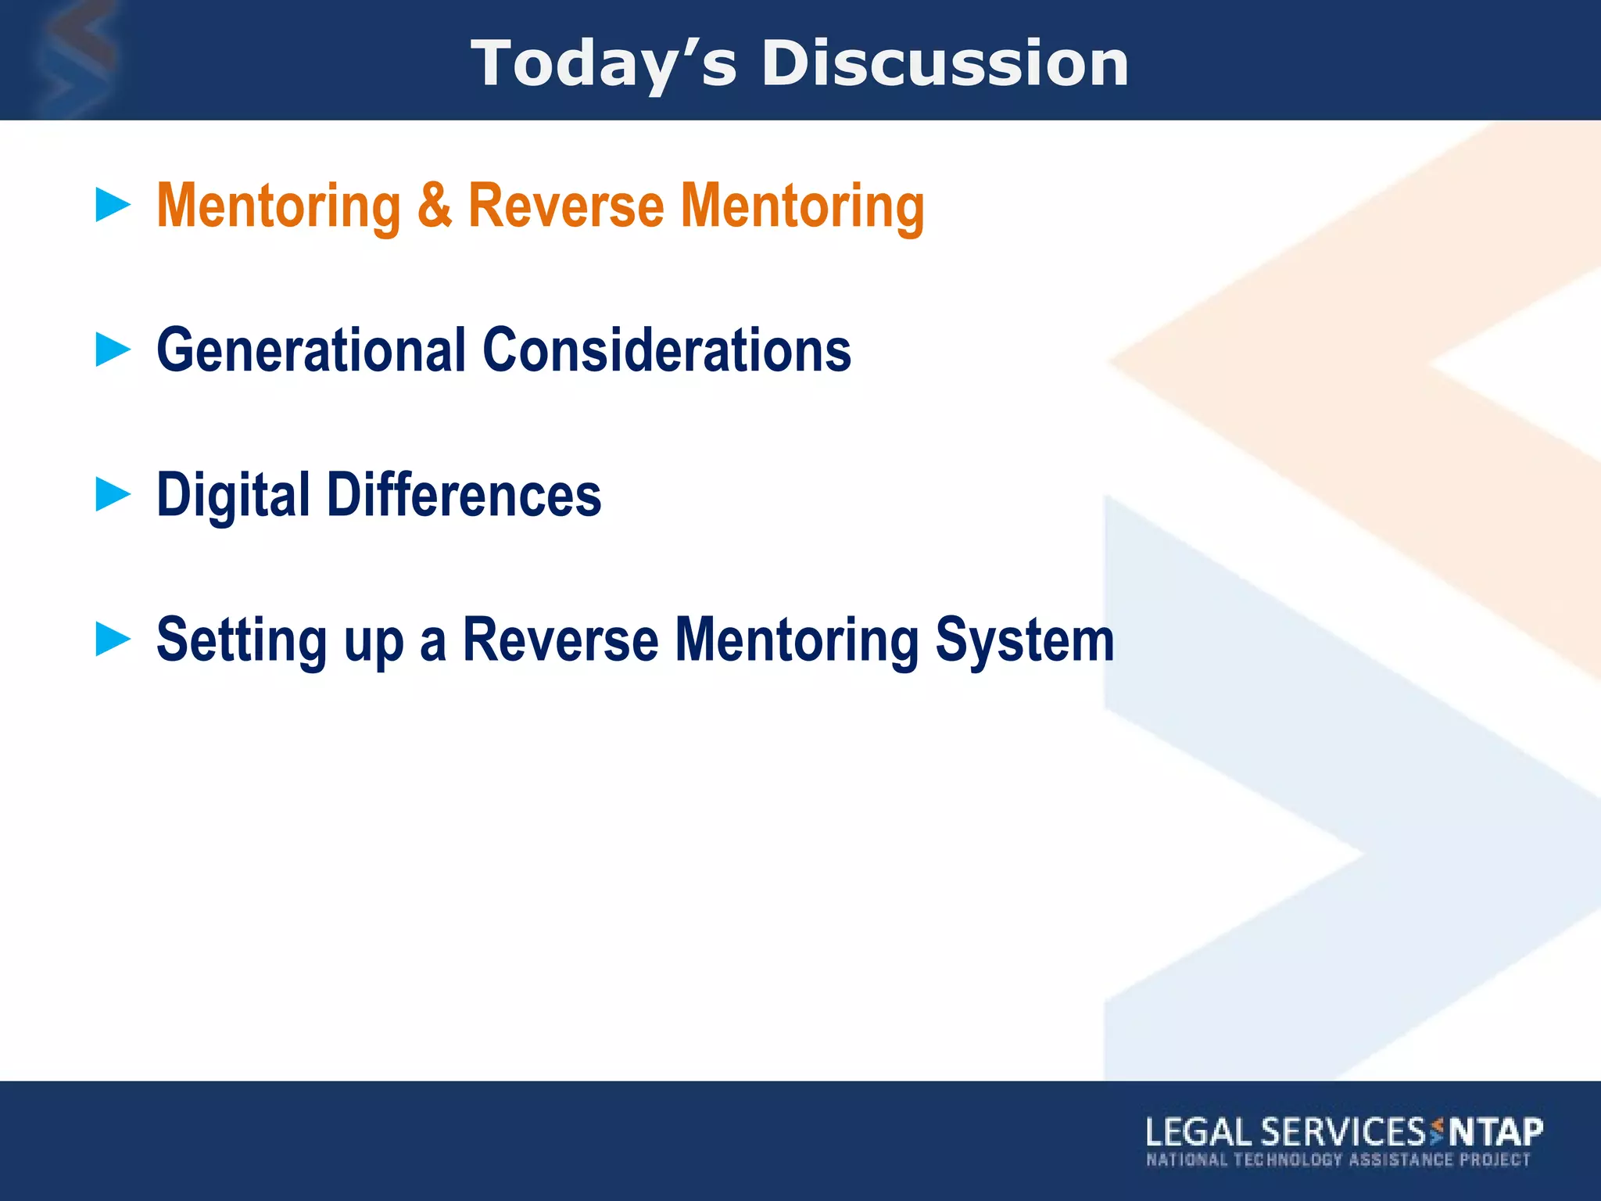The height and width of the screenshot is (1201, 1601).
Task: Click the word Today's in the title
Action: [603, 64]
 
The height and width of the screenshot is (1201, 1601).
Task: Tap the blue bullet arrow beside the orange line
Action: [113, 205]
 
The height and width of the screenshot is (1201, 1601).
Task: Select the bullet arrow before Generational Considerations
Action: [113, 350]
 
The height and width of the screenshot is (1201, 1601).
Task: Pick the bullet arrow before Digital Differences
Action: [113, 495]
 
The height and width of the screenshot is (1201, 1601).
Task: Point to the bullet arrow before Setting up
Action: [113, 640]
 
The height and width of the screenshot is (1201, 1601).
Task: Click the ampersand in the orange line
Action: [434, 205]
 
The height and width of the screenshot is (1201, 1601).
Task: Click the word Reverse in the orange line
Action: [566, 205]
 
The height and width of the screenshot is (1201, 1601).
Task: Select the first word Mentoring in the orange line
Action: [278, 206]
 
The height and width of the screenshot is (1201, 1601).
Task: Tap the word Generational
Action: [311, 350]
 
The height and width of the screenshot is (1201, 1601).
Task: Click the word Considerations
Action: [667, 350]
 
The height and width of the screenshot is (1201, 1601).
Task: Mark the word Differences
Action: [464, 495]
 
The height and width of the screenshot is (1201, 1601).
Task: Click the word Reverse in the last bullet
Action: [561, 640]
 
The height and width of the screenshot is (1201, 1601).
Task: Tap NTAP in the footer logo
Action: [1496, 1132]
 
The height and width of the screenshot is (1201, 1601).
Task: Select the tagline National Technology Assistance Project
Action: [1338, 1160]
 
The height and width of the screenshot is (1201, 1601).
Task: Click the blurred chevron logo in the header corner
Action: [74, 59]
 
